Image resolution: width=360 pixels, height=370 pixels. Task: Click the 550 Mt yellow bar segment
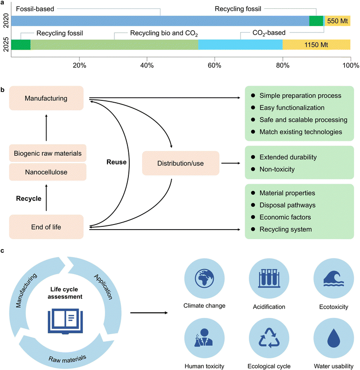(x=337, y=21)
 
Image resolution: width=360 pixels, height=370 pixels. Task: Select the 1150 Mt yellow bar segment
(x=316, y=45)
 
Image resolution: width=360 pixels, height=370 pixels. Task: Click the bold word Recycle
(x=28, y=198)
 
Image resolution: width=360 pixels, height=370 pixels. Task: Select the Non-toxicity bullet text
(x=277, y=170)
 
